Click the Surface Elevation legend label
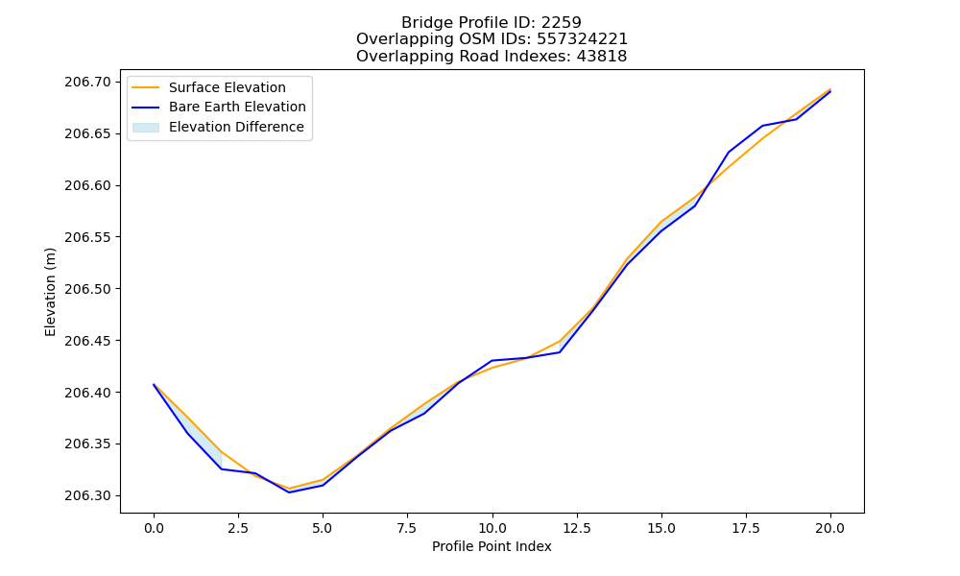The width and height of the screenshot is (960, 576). (x=228, y=87)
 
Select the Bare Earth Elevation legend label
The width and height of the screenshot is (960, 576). (x=237, y=107)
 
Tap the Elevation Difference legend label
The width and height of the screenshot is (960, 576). (x=236, y=127)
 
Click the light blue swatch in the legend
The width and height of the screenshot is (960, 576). (x=146, y=128)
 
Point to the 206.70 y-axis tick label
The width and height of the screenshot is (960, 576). (x=87, y=82)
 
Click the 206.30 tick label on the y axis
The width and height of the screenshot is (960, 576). (x=87, y=495)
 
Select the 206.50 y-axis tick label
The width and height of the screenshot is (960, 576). (x=87, y=289)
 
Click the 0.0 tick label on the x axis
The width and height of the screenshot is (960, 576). (x=154, y=528)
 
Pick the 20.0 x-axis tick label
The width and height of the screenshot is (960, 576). (x=830, y=528)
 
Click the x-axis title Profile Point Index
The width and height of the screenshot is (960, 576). (x=492, y=546)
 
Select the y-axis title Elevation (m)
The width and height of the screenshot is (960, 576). (x=50, y=292)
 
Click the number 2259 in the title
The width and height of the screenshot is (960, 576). (x=561, y=23)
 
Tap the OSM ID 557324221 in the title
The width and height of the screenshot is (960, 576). (x=582, y=39)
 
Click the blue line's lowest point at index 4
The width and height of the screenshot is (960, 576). (x=289, y=492)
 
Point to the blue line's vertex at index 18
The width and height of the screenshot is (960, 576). (x=763, y=126)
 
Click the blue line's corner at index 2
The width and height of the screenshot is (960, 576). (x=221, y=468)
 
